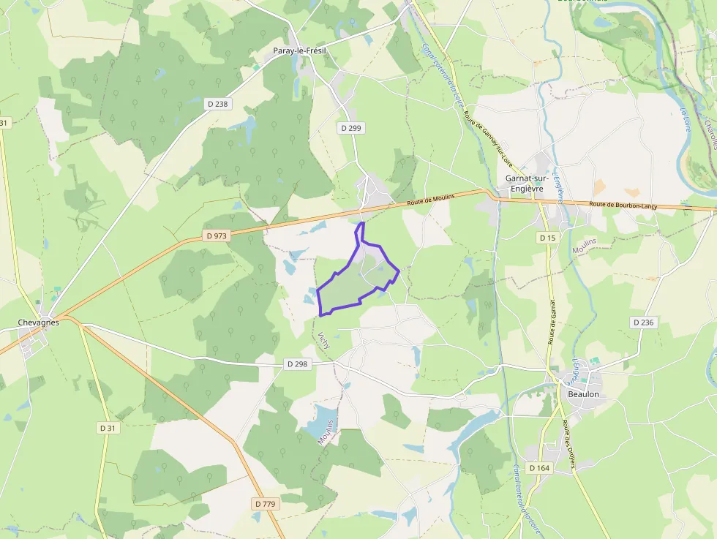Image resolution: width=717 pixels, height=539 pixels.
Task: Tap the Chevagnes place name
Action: [38, 322]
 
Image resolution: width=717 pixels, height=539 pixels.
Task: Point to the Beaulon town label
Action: [583, 394]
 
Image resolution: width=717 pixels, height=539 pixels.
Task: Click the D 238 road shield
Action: [218, 104]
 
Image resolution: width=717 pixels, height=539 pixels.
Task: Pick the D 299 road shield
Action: [351, 128]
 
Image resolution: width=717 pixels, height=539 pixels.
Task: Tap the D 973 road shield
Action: [217, 236]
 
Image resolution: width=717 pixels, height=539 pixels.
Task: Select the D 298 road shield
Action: [297, 363]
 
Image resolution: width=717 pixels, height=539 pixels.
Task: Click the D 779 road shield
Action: [266, 504]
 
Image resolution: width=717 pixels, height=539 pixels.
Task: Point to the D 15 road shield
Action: [547, 238]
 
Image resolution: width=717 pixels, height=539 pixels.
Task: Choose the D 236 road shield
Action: [642, 323]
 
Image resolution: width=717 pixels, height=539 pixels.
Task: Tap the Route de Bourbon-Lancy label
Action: [623, 206]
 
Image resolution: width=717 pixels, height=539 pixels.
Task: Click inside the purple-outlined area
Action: [351, 282]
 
